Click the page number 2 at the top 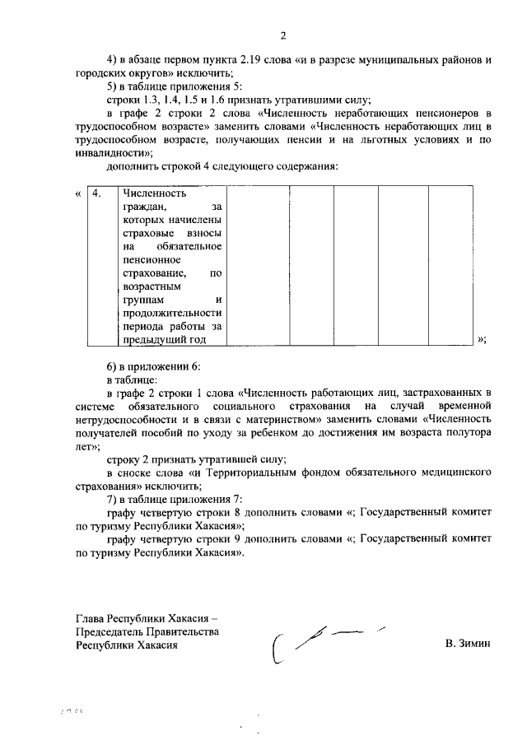tap(282, 35)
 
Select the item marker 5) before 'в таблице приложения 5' tap(112, 85)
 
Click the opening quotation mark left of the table tap(77, 193)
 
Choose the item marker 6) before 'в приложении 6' tap(112, 366)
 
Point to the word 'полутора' tap(472, 431)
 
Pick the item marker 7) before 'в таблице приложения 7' tap(112, 500)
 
